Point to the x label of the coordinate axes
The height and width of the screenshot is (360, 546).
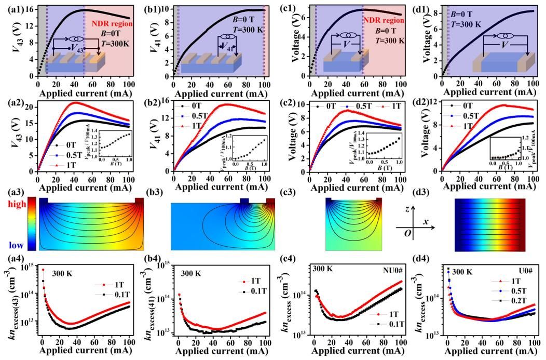coord(425,221)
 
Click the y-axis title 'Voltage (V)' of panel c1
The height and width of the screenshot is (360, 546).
coord(282,41)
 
